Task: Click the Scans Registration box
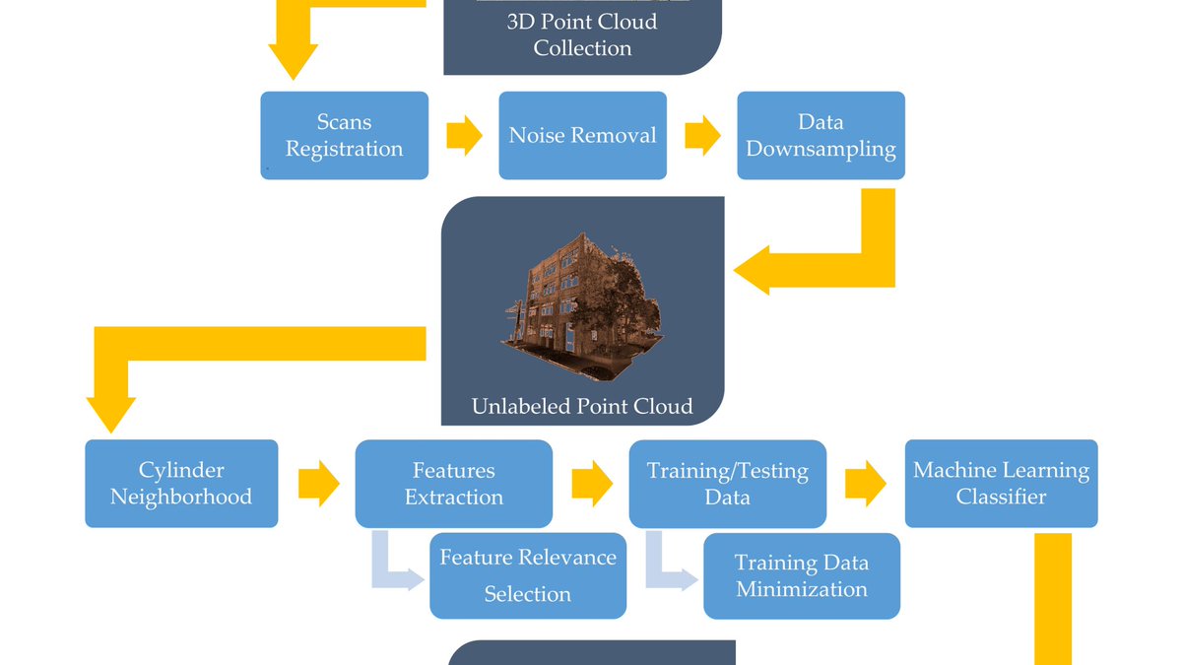pyautogui.click(x=344, y=136)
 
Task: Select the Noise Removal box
pyautogui.click(x=582, y=136)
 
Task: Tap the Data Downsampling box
pyautogui.click(x=821, y=136)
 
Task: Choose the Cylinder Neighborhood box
pyautogui.click(x=181, y=484)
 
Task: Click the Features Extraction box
pyautogui.click(x=453, y=484)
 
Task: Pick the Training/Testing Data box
pyautogui.click(x=727, y=484)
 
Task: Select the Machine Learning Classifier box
pyautogui.click(x=1001, y=484)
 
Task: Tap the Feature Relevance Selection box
pyautogui.click(x=527, y=575)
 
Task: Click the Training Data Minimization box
pyautogui.click(x=801, y=575)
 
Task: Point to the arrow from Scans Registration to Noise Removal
pyautogui.click(x=464, y=136)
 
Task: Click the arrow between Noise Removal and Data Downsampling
pyautogui.click(x=702, y=136)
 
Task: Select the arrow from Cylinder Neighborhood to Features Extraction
pyautogui.click(x=318, y=484)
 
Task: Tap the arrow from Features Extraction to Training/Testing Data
pyautogui.click(x=591, y=484)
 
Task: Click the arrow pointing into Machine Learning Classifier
pyautogui.click(x=865, y=484)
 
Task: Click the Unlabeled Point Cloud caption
pyautogui.click(x=581, y=406)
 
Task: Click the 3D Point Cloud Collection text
pyautogui.click(x=581, y=34)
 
